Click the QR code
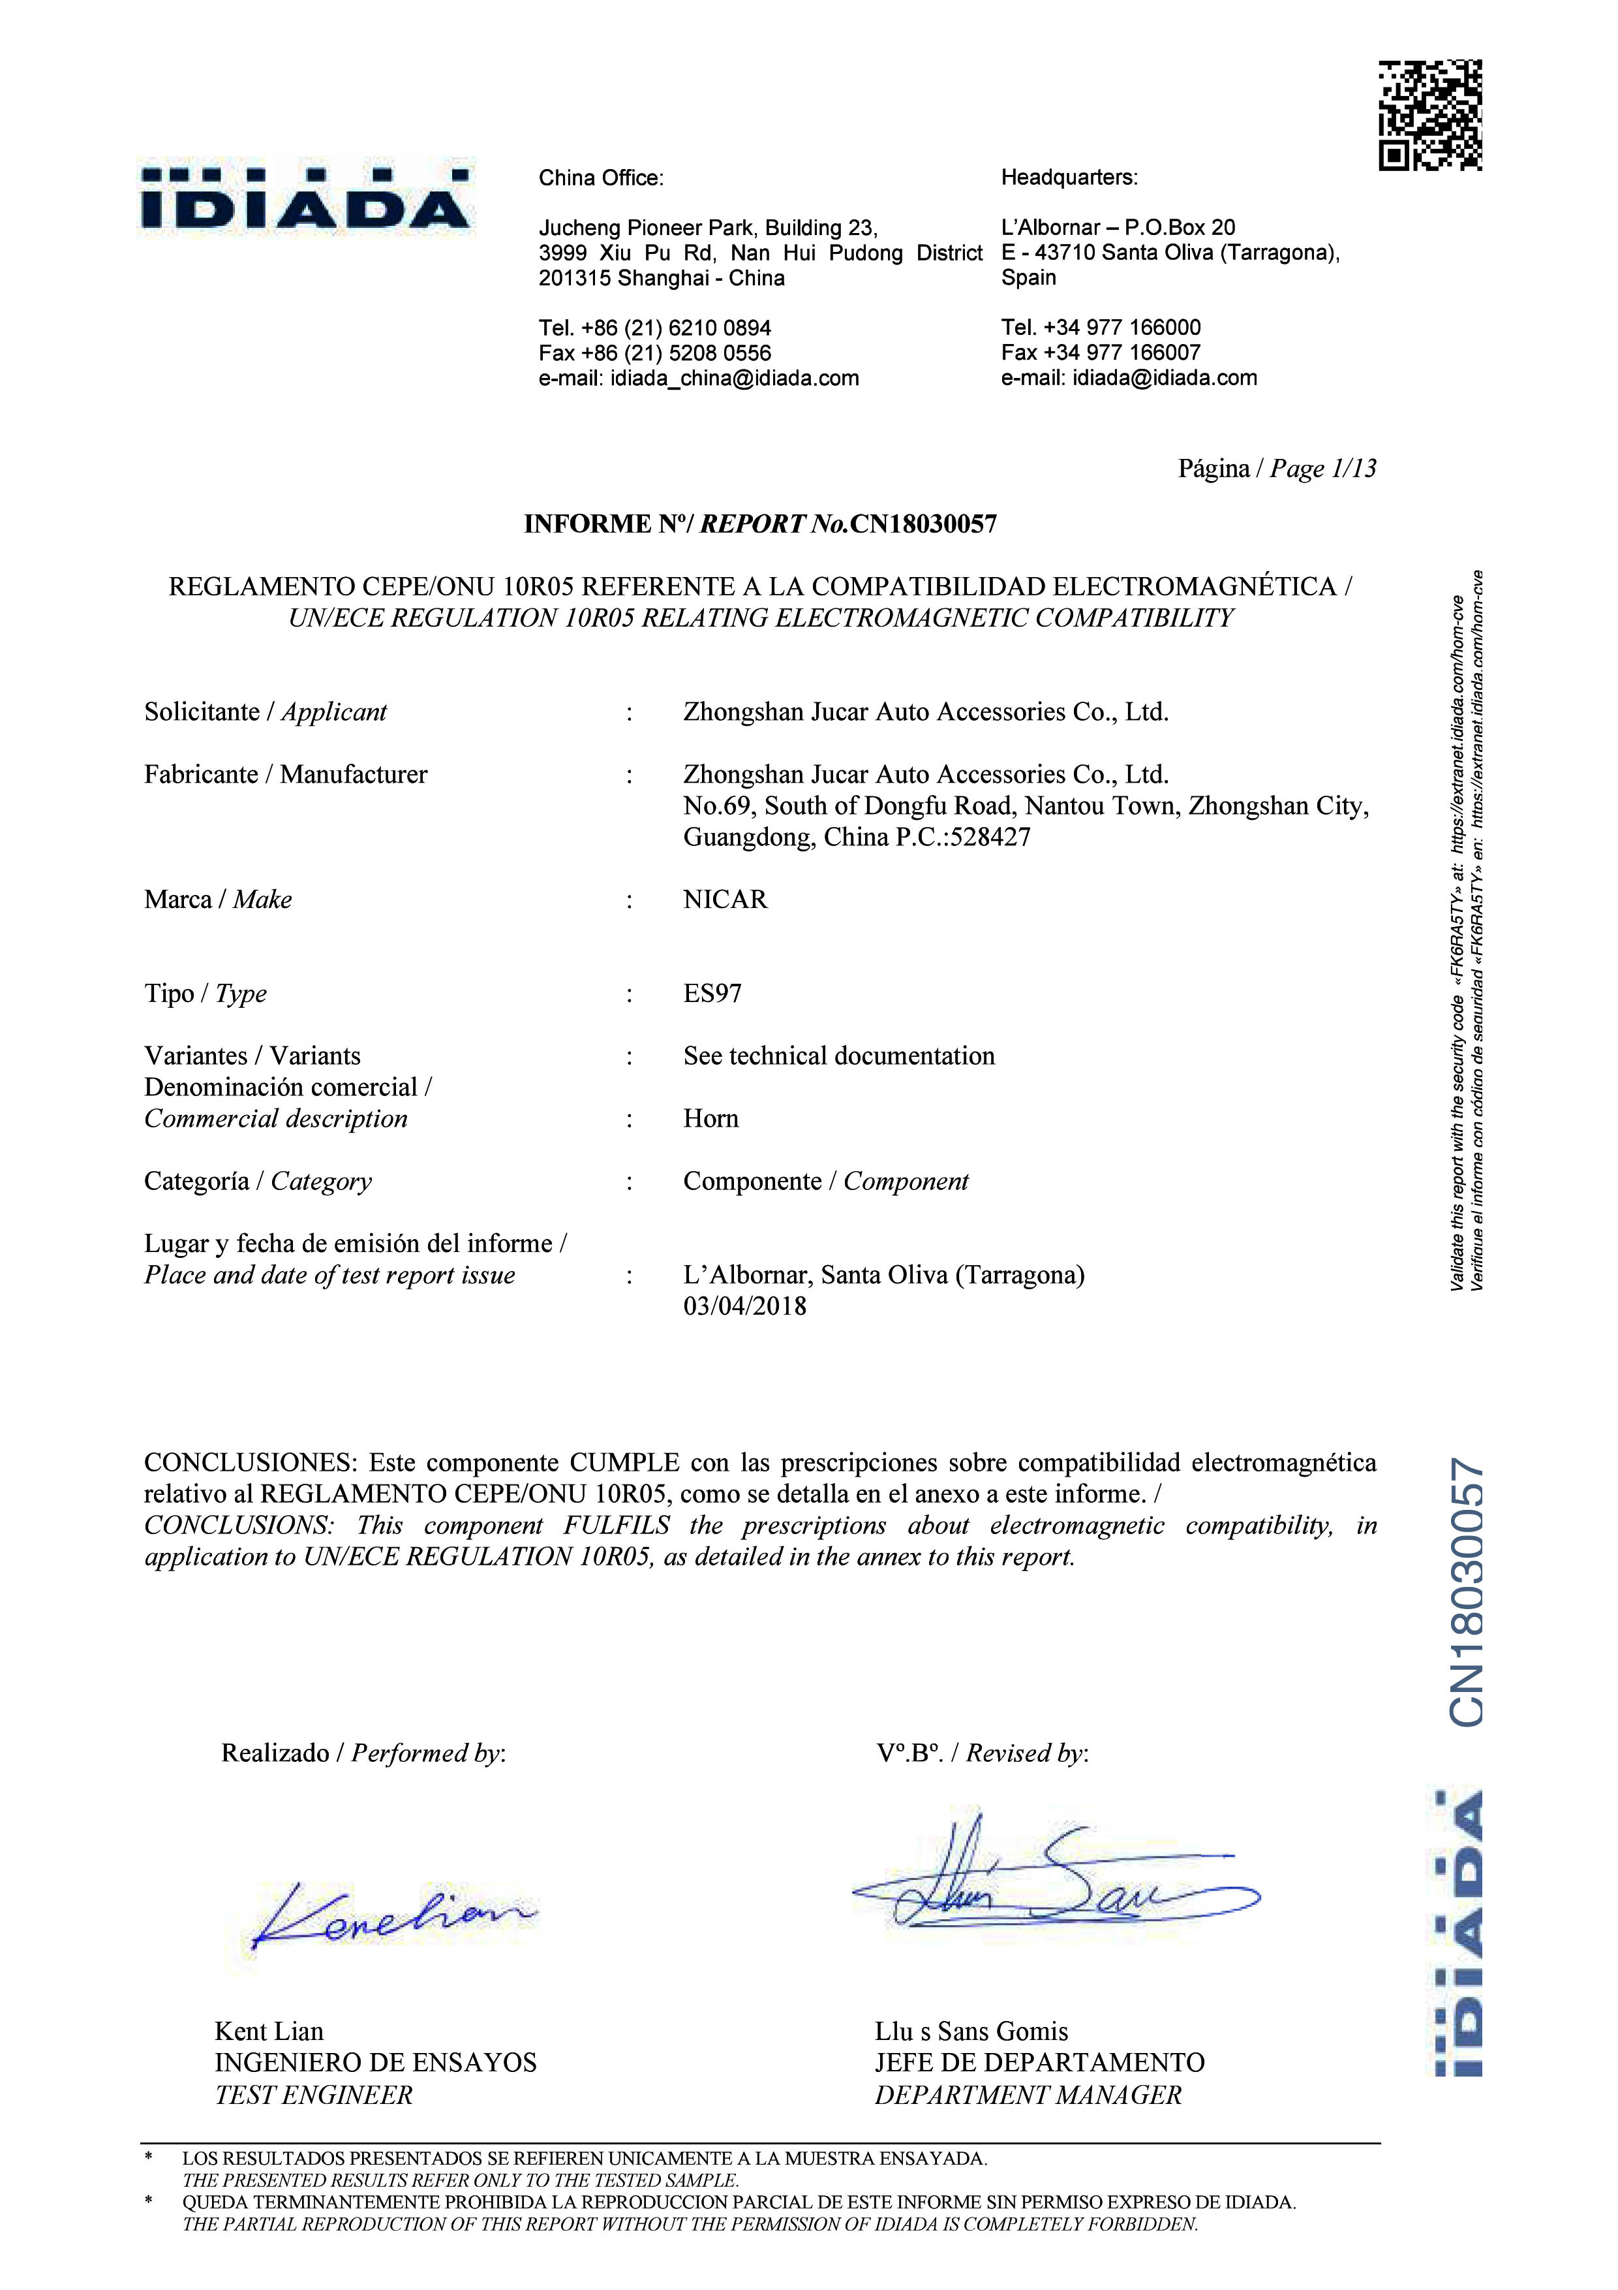coord(1429,115)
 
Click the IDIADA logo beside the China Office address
coord(305,198)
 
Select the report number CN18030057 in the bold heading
coord(923,524)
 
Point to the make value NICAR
coord(725,900)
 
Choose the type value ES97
coord(712,994)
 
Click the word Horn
coord(710,1119)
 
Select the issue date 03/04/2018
coord(744,1307)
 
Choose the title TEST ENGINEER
coord(313,2095)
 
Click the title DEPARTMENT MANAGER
coord(1028,2095)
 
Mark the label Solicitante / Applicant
coord(265,712)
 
